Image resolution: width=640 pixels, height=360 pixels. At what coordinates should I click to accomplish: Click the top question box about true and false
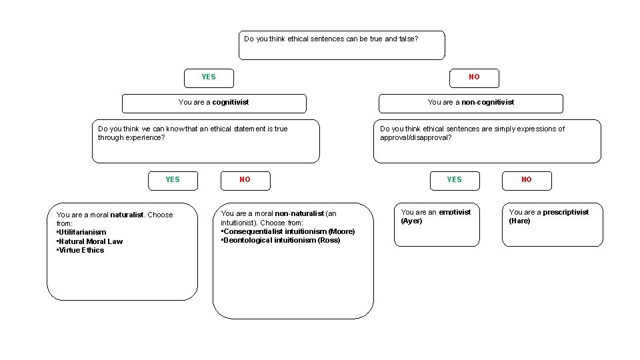tap(341, 45)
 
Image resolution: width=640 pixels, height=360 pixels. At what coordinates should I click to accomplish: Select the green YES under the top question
tap(209, 77)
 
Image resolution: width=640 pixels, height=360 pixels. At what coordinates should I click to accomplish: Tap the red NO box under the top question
tap(474, 77)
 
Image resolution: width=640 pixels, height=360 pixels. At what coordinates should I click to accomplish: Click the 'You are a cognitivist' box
tap(214, 103)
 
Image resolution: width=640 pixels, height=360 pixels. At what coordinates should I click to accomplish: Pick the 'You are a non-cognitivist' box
tap(471, 103)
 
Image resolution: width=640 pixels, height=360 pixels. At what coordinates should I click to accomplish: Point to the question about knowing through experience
tap(205, 141)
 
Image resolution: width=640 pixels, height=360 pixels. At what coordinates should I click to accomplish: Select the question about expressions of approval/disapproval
tap(487, 141)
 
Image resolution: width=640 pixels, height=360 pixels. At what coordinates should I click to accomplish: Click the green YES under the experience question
tap(173, 179)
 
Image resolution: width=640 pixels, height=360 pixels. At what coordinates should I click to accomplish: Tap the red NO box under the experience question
tap(245, 180)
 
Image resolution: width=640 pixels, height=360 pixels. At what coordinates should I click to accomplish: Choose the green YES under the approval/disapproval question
tap(454, 179)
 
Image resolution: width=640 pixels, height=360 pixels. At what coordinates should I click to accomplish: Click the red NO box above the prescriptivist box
tap(527, 180)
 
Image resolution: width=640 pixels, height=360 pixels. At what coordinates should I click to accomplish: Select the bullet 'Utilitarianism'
tap(82, 232)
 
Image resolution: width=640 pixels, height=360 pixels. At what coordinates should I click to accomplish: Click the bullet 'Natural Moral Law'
tap(91, 241)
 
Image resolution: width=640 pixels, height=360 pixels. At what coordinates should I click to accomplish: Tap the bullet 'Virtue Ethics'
tap(81, 251)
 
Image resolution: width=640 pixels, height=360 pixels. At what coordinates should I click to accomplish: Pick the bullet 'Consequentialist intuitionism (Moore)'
tap(289, 231)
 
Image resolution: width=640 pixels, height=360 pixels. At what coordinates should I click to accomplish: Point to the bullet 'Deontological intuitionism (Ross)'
tap(282, 240)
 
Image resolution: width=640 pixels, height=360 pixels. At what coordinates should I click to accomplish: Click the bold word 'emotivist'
tap(455, 212)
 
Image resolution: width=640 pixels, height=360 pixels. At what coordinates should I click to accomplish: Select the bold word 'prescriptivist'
tap(566, 212)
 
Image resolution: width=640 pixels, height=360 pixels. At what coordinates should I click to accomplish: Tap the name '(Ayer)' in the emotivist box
tap(411, 221)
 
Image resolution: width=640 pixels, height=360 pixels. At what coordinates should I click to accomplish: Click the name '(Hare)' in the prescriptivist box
tap(519, 221)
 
